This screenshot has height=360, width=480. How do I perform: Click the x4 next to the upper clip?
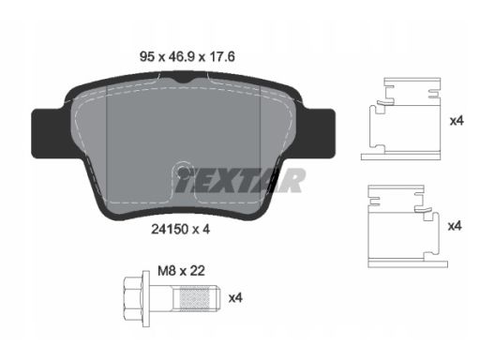(x=456, y=121)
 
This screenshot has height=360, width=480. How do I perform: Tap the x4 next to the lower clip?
(x=456, y=226)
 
